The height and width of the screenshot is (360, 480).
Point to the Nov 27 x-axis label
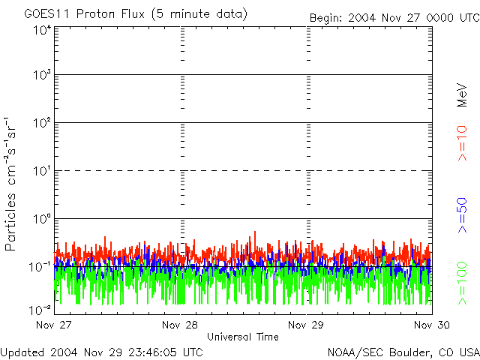click(54, 325)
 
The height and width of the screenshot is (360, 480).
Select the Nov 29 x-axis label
click(307, 325)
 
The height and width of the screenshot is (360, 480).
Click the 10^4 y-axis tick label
click(41, 30)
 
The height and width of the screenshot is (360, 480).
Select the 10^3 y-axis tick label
click(41, 76)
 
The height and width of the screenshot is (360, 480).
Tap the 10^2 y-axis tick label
click(41, 124)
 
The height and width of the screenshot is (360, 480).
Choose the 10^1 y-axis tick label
click(41, 172)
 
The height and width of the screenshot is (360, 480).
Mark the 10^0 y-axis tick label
click(41, 220)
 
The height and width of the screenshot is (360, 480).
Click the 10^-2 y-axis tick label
click(40, 308)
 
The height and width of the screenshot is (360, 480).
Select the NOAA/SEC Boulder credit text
click(403, 351)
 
